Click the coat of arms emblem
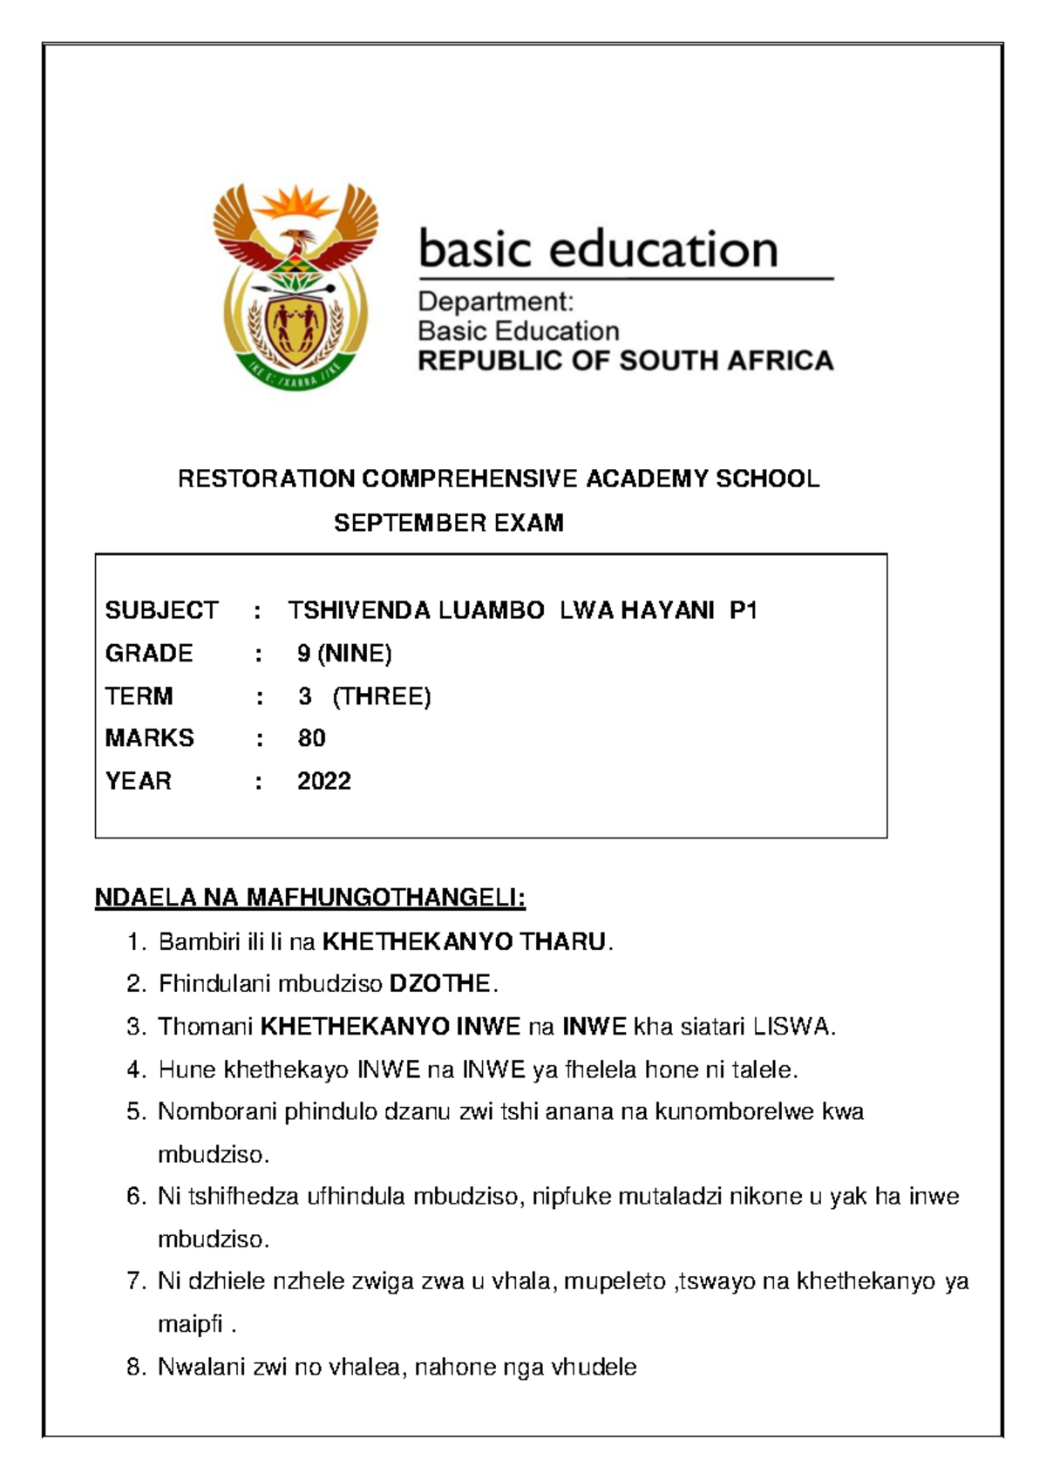(x=295, y=287)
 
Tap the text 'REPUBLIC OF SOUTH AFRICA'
(x=625, y=361)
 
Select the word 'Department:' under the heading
(x=495, y=302)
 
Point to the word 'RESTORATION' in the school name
(x=266, y=479)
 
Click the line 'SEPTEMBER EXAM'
(x=448, y=523)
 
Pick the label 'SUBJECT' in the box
(x=161, y=610)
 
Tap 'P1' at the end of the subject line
(x=743, y=610)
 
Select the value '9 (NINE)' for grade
(x=344, y=653)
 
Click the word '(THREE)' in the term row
(x=382, y=696)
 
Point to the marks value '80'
(x=311, y=738)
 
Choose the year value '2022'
(x=323, y=781)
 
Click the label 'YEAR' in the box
(x=138, y=781)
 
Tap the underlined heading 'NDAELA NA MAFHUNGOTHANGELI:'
(x=309, y=898)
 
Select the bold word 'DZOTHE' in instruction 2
(x=439, y=984)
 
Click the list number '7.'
(x=135, y=1281)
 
